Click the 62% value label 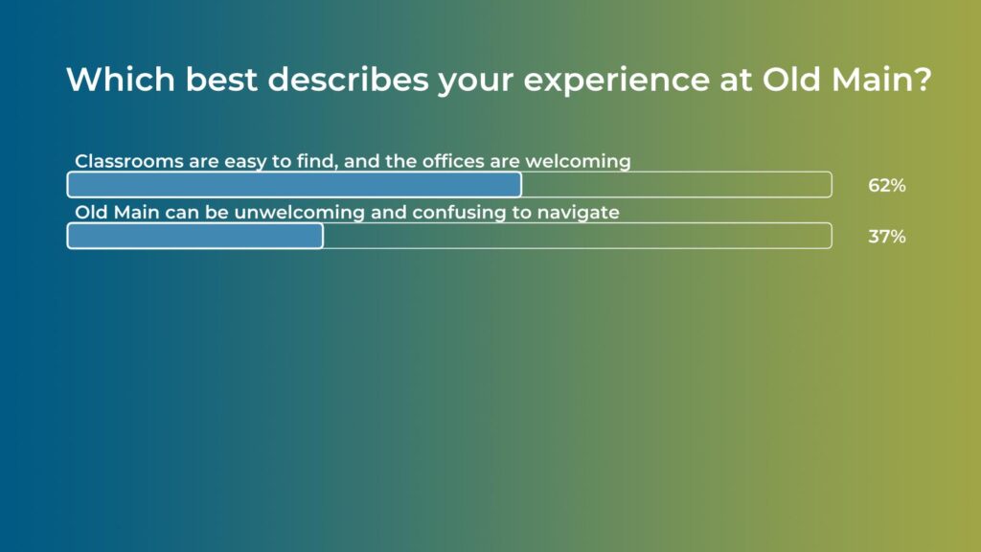click(x=886, y=185)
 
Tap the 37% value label click(x=886, y=237)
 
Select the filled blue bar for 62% click(x=294, y=185)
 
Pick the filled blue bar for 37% click(x=195, y=236)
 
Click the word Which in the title click(x=121, y=80)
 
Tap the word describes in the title click(x=348, y=80)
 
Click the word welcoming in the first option click(x=578, y=162)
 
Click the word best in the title click(x=221, y=80)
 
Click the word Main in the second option click(x=136, y=212)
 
